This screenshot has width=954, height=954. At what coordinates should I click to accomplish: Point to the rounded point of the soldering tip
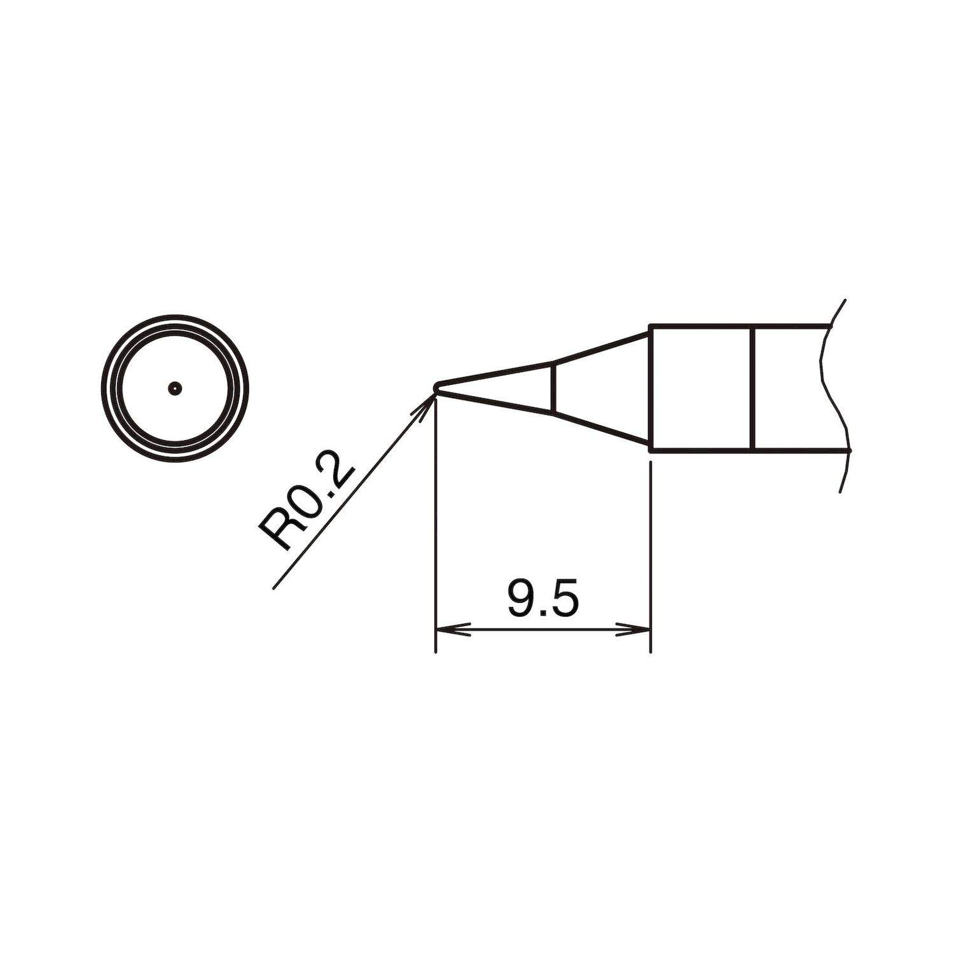pos(436,387)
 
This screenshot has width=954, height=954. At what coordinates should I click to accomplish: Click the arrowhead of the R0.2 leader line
pos(427,403)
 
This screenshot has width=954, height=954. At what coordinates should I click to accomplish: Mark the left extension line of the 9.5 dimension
pos(435,541)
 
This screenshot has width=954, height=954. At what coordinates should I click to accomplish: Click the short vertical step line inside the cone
pos(553,388)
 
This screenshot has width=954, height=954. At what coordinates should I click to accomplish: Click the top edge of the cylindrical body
pos(738,327)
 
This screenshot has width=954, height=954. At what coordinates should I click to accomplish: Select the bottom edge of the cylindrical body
pos(738,451)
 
